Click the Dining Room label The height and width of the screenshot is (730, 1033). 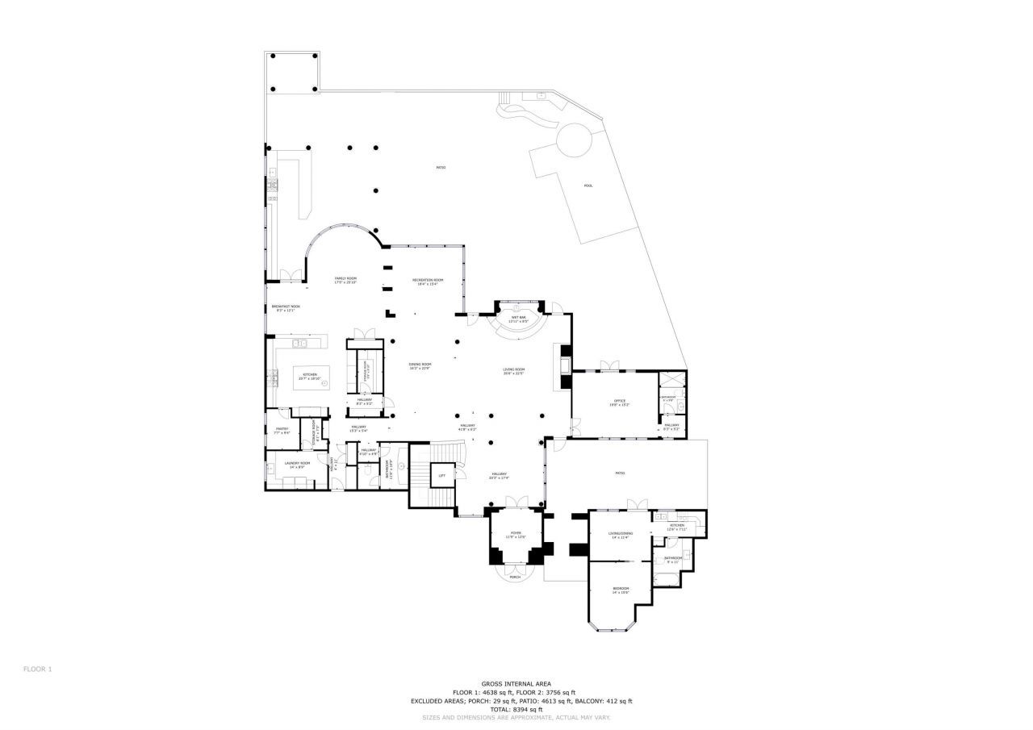point(420,366)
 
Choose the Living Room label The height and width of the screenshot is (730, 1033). point(514,371)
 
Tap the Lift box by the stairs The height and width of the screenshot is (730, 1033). point(441,476)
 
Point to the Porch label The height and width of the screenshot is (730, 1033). point(515,577)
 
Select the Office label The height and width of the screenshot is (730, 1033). point(620,402)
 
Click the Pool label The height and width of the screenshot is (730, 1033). point(588,186)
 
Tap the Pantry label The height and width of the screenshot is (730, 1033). point(282,430)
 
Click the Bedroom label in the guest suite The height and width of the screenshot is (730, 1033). point(620,590)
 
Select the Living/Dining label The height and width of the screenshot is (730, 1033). point(621,535)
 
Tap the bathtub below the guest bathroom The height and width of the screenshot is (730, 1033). point(667,578)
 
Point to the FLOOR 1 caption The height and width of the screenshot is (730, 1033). point(37,669)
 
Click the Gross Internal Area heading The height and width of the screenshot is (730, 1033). point(516,683)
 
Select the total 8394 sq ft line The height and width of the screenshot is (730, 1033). point(516,709)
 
